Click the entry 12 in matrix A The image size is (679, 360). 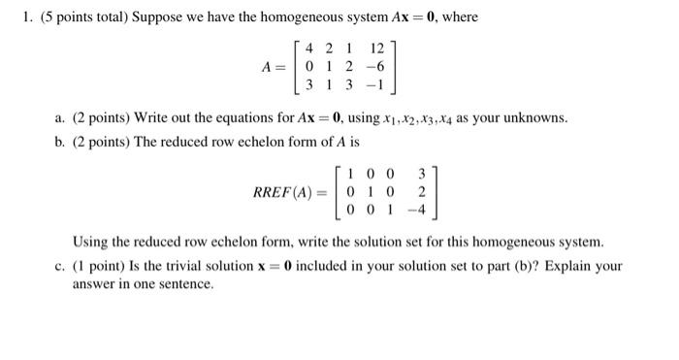tap(377, 48)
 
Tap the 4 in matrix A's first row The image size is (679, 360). tap(308, 48)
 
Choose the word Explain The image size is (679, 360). tap(571, 266)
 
